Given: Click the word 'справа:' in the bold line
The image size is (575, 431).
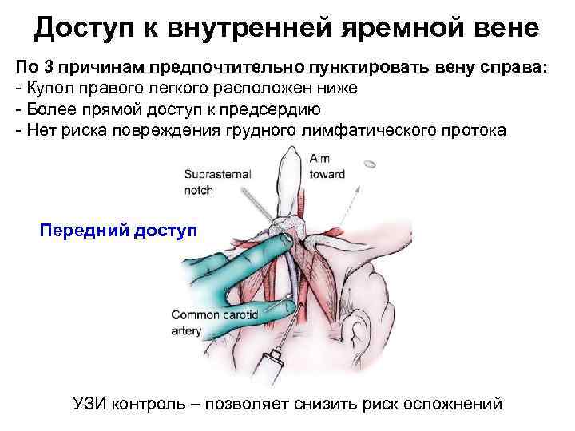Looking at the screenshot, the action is (x=514, y=69).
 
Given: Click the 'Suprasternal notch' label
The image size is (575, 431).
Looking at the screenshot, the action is (x=217, y=180).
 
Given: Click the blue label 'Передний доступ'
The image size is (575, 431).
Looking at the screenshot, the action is (x=117, y=231).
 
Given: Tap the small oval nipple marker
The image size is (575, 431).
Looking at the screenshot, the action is (x=369, y=165).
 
